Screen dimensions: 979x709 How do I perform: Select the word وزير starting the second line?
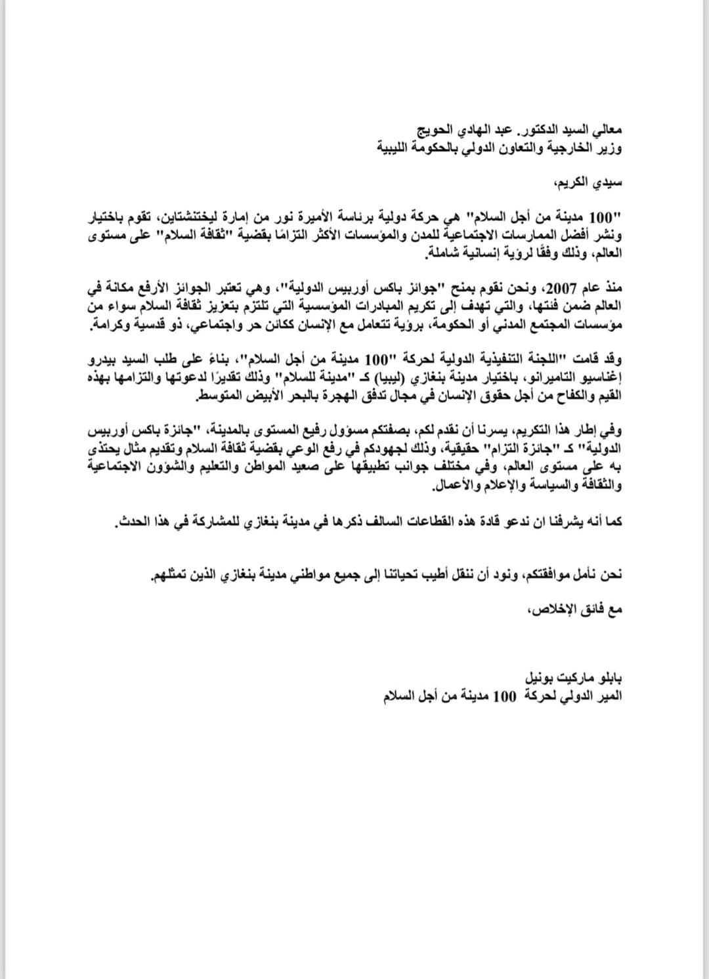tap(611, 148)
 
